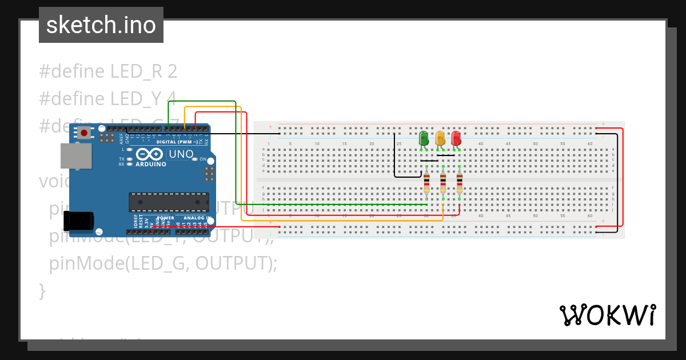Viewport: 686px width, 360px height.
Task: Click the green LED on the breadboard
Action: pyautogui.click(x=424, y=138)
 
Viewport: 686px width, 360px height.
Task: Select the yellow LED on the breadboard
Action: pyautogui.click(x=440, y=138)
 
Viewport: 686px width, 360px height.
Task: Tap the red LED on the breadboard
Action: pyautogui.click(x=456, y=138)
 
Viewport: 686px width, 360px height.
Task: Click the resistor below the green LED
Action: pyautogui.click(x=426, y=183)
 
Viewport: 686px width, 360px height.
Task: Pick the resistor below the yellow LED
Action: pyautogui.click(x=442, y=183)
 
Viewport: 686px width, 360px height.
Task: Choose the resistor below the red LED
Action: pyautogui.click(x=459, y=183)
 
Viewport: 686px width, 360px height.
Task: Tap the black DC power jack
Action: pyautogui.click(x=78, y=221)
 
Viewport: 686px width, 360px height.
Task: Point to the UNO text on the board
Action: pyautogui.click(x=181, y=154)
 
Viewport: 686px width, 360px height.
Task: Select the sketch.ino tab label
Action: pyautogui.click(x=101, y=25)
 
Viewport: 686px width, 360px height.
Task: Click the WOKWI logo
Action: pyautogui.click(x=607, y=315)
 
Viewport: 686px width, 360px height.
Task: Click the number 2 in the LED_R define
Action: pyautogui.click(x=172, y=71)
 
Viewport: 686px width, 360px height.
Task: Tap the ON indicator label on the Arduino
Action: pyautogui.click(x=202, y=159)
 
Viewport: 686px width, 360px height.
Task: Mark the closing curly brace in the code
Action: pyautogui.click(x=42, y=290)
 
